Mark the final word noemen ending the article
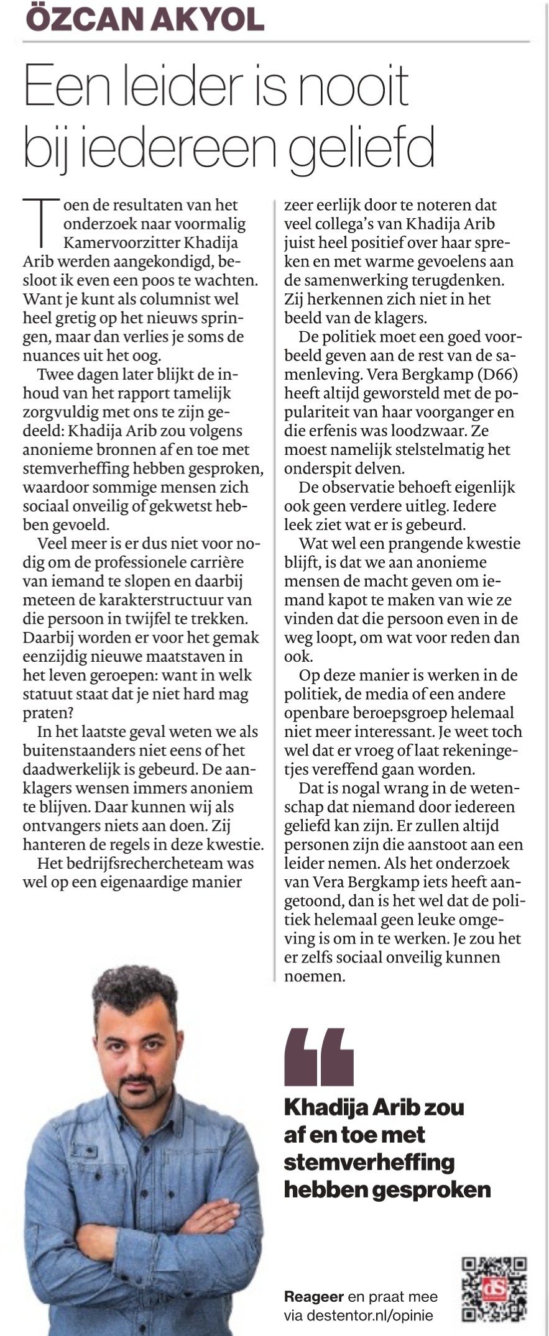tap(315, 976)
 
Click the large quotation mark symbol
tap(318, 1056)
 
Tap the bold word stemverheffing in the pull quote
tap(369, 1162)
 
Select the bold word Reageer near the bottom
tap(313, 1297)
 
